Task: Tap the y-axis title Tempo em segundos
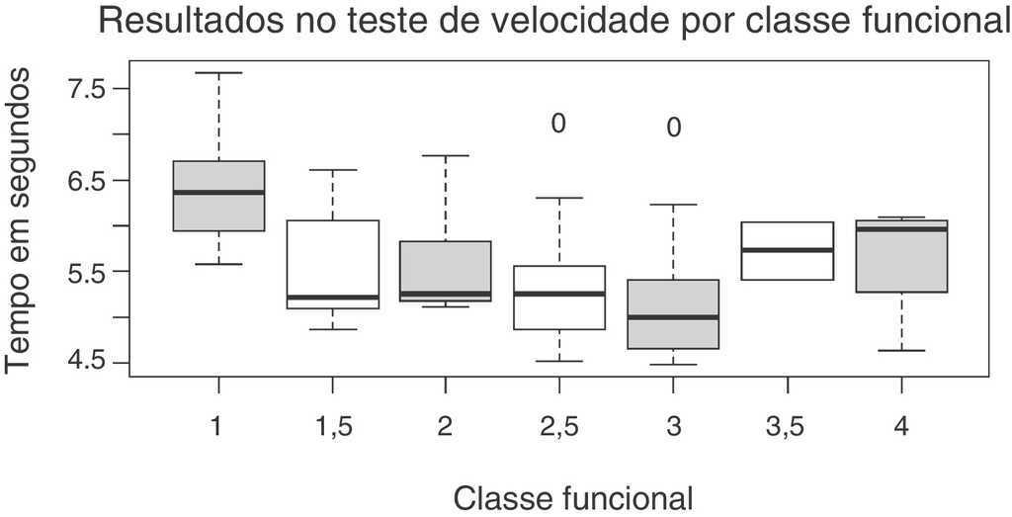coord(20,226)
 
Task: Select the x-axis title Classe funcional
coord(572,496)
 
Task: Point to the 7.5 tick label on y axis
coord(86,88)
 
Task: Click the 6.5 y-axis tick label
coord(86,180)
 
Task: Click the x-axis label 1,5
coord(333,427)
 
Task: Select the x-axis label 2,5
coord(558,427)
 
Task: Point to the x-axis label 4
coord(900,427)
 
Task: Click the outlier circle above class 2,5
coord(558,124)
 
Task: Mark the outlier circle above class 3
coord(673,128)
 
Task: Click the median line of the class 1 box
coord(218,192)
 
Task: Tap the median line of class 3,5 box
coord(787,250)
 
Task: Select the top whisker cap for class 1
coord(218,73)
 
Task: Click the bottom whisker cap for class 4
coord(900,350)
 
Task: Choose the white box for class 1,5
coord(333,257)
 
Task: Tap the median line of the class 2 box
coord(446,294)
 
